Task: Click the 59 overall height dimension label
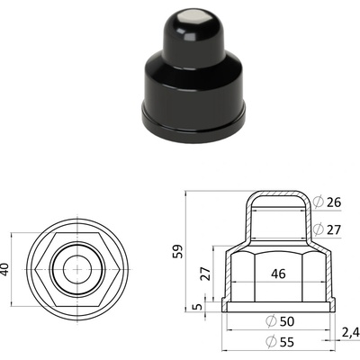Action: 178,251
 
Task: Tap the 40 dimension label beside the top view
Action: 5,269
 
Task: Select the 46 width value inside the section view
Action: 278,274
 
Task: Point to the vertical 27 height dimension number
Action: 206,273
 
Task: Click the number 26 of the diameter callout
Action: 334,202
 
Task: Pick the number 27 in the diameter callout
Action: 334,230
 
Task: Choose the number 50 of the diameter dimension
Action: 287,321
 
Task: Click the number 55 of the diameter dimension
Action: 287,342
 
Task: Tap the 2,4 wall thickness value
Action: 350,332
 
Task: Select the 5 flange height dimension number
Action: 197,307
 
